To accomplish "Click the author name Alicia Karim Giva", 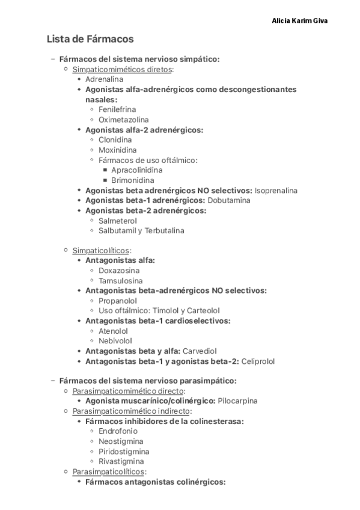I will (300, 20).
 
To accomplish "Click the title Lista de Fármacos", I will (90, 39).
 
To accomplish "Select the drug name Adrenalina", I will (104, 79).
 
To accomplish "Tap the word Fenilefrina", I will (117, 109).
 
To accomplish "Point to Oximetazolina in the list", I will (124, 120).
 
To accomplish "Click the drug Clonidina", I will (115, 140).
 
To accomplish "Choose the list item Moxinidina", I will (117, 150).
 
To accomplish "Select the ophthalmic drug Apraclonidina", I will (136, 170).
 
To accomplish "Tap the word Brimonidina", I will (132, 180).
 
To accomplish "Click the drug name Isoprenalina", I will (276, 190).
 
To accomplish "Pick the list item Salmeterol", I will (117, 221).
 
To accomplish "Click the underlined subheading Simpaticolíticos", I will (102, 250).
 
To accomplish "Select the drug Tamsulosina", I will (120, 280).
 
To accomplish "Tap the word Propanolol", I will (118, 301).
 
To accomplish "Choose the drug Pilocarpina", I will (237, 401).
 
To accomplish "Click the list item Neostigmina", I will (121, 441).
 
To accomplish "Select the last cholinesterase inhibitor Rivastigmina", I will (121, 461).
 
